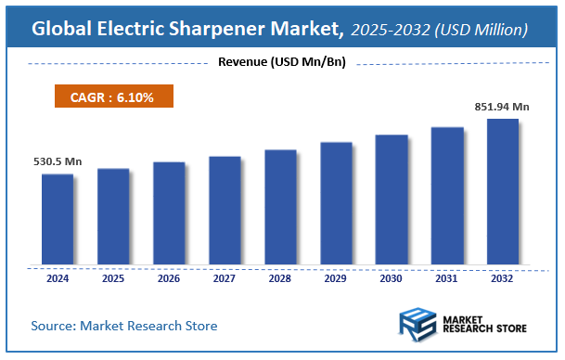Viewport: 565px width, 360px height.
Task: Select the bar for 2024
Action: [x=57, y=218]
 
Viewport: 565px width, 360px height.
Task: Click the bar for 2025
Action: [x=112, y=215]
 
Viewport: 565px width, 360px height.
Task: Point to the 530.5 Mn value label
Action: [x=55, y=161]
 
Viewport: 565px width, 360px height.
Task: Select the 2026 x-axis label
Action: [x=168, y=277]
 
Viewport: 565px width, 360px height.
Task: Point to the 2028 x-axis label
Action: [x=279, y=277]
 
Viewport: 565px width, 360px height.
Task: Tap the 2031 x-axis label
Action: [x=446, y=277]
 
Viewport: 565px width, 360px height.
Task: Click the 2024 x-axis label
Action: [x=57, y=277]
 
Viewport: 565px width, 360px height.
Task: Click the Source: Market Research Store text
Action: [x=124, y=326]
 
